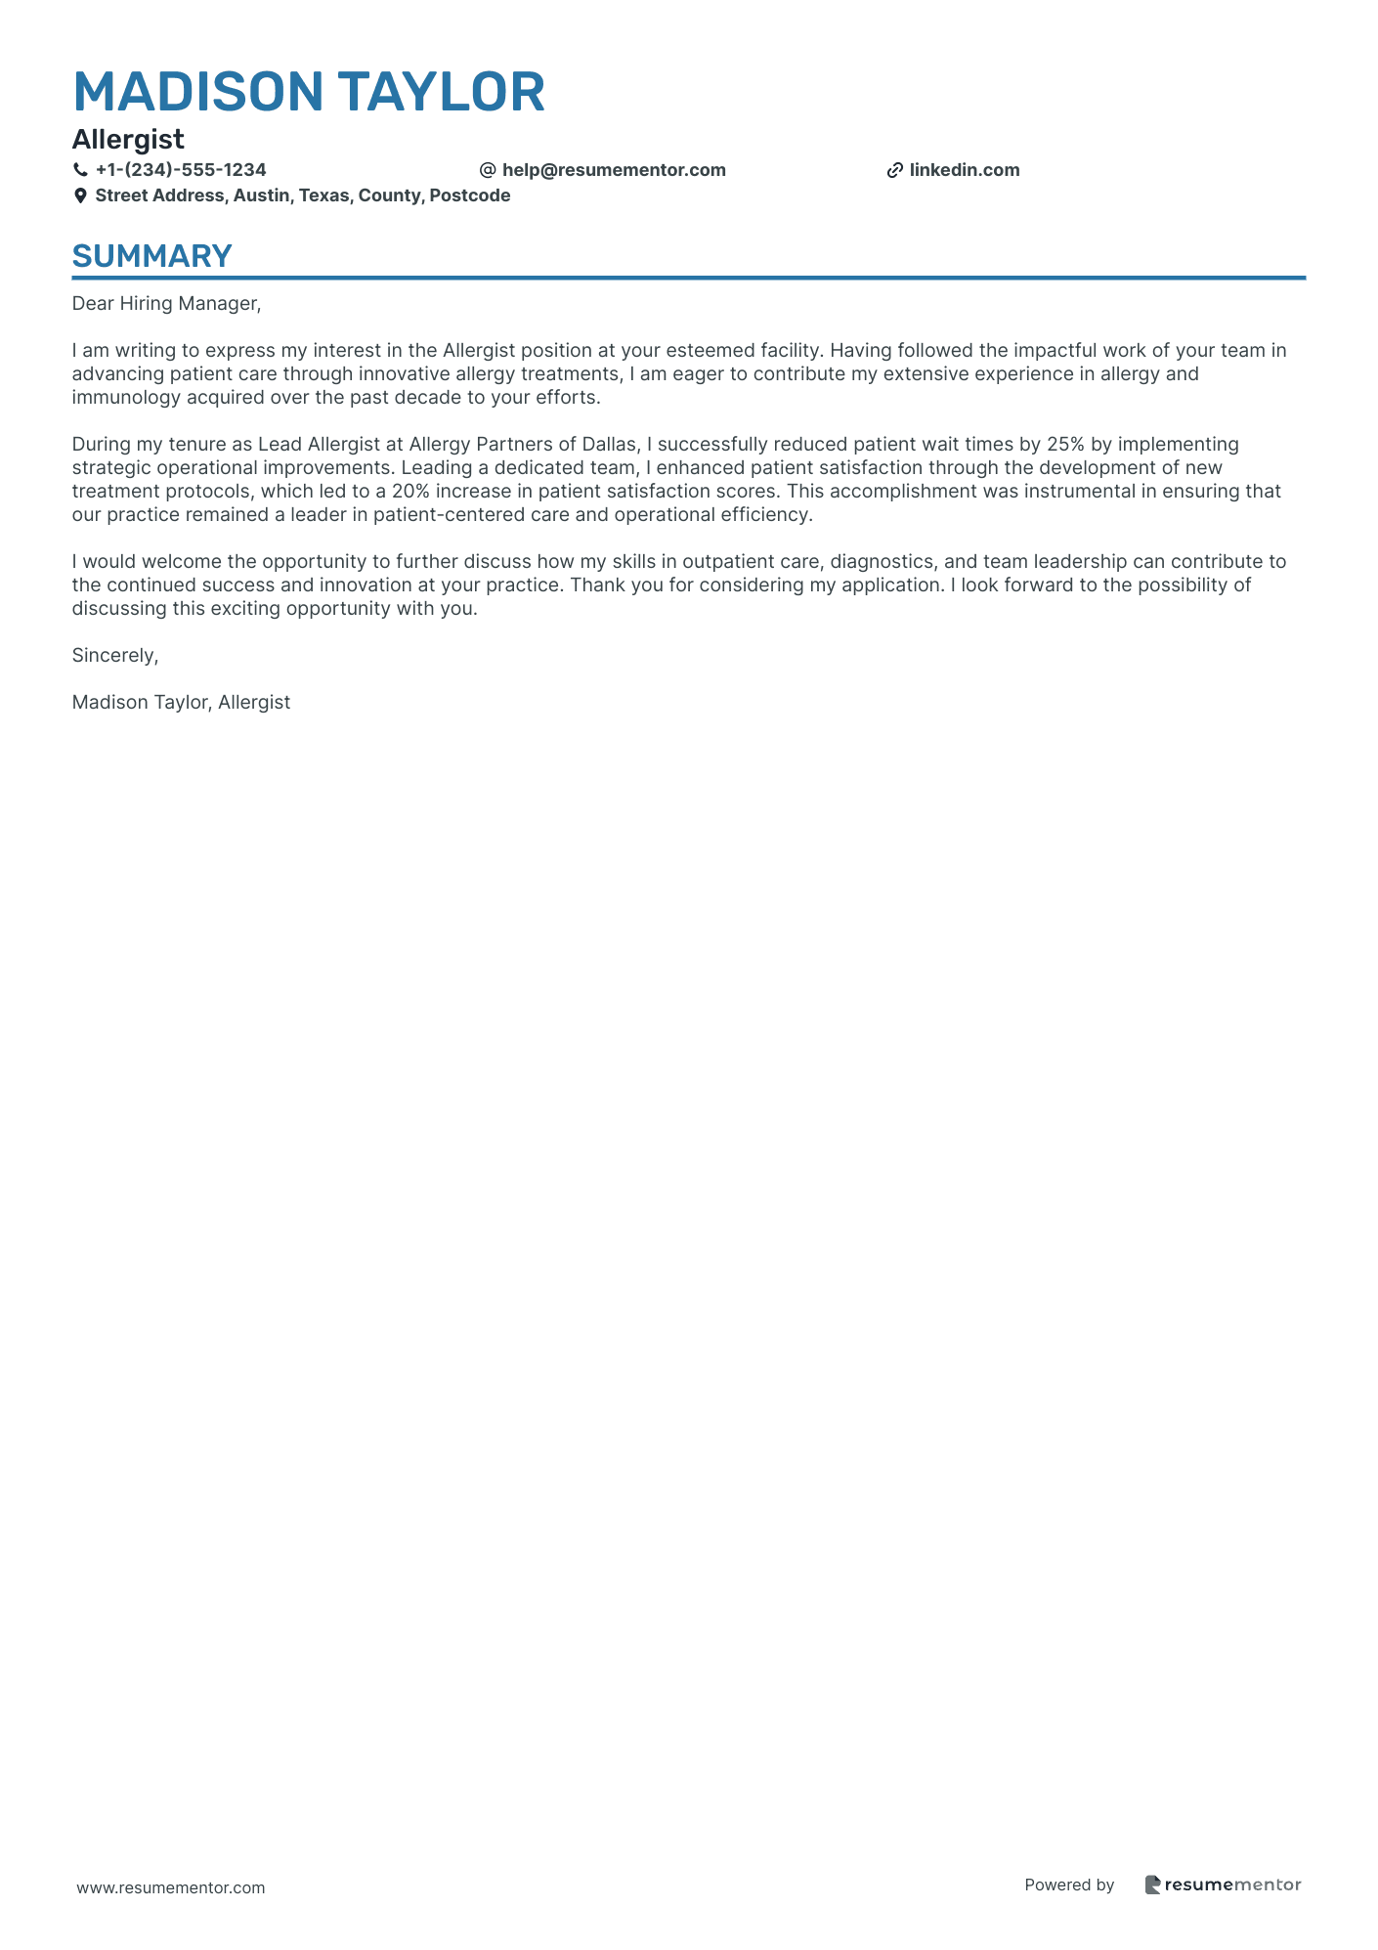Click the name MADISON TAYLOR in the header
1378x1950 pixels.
309,92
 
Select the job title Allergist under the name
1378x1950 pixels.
128,140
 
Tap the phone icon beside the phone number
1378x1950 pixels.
80,170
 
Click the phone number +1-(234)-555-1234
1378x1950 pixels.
181,170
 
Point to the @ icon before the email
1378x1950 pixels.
488,170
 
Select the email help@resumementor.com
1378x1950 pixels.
614,170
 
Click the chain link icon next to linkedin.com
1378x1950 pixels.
894,170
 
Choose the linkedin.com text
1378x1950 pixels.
965,170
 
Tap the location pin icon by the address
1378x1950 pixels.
80,195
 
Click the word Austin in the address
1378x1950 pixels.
261,195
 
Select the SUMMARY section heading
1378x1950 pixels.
151,256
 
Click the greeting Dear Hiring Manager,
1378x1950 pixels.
166,304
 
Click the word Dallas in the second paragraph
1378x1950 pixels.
609,445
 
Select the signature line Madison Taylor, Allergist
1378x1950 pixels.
181,703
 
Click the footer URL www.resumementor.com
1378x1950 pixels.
171,1887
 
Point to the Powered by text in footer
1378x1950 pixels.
1069,1885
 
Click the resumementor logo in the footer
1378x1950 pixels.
1223,1885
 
